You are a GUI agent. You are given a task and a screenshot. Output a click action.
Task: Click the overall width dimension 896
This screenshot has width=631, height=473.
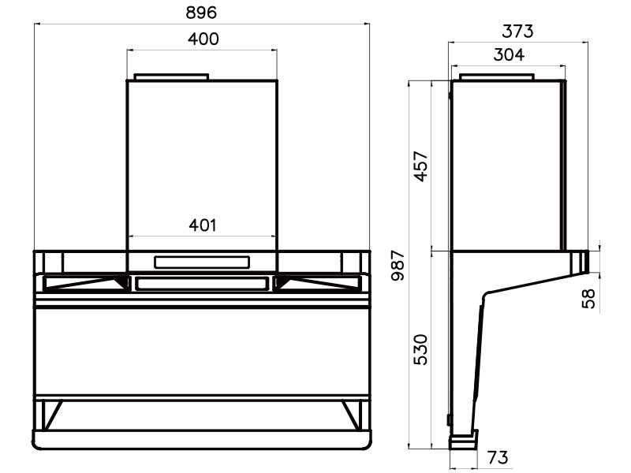tap(202, 13)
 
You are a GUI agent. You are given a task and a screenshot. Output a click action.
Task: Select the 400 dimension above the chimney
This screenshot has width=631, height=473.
tap(202, 39)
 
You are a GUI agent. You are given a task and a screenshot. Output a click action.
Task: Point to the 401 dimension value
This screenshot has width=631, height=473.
tap(202, 225)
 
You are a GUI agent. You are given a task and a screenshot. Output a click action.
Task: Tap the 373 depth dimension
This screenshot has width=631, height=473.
tap(517, 31)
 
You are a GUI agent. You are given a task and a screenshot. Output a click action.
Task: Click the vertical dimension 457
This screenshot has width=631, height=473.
tap(421, 166)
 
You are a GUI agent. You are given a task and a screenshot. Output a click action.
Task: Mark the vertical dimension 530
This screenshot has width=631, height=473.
tap(421, 349)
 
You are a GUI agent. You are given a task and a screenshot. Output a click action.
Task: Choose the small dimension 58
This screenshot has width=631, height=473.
tap(588, 298)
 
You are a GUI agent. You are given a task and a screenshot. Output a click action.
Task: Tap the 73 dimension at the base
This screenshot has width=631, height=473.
tap(497, 457)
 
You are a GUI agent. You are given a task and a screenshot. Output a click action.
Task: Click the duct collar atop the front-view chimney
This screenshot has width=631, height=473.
tap(171, 76)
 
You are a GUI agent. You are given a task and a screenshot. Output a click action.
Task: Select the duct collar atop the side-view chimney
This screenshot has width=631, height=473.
tap(496, 77)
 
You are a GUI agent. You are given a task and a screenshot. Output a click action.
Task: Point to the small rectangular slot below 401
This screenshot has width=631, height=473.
tap(202, 261)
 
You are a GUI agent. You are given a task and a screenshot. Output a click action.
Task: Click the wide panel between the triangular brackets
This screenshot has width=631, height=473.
tap(202, 282)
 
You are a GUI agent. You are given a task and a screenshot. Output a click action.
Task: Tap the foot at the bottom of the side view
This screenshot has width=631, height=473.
tap(464, 439)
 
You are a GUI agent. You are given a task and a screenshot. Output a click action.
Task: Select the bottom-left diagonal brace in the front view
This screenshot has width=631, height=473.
tap(52, 414)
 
